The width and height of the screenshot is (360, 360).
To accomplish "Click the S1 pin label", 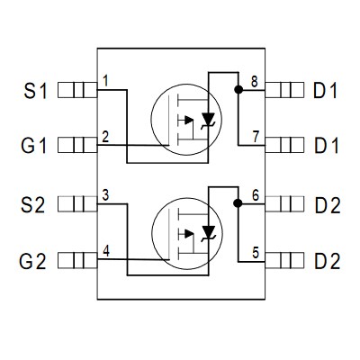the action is point(36,91).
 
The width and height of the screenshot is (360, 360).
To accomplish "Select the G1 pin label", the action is point(34,146).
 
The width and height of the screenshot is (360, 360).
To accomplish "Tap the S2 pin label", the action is point(33,205).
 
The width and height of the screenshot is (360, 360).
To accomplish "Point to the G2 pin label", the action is point(32,261).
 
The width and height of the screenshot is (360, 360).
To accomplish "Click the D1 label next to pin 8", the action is point(325,91).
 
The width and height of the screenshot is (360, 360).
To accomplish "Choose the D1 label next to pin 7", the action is point(327,146).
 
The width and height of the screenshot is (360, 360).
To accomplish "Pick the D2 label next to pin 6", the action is point(328,205).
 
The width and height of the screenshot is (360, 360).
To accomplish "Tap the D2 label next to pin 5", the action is point(328,261).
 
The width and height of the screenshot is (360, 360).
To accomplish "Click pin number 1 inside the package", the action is point(105,81).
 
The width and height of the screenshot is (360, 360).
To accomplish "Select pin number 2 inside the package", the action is point(105,137).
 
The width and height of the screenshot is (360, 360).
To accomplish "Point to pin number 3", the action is point(105,195).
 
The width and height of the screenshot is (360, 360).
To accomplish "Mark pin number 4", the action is point(106,251).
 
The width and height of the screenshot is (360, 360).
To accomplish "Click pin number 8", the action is point(255,81).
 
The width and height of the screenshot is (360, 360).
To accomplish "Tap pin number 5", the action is point(256,253).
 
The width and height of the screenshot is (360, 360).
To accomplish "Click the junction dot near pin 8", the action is point(238,89).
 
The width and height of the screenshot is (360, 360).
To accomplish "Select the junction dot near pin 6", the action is point(238,203).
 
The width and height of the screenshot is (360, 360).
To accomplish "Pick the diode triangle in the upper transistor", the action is point(208,118).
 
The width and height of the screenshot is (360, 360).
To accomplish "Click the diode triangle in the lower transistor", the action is point(209,231).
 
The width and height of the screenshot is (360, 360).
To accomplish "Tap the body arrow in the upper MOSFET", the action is point(189,120).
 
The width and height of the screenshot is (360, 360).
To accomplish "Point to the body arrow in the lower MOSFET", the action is point(189,234).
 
